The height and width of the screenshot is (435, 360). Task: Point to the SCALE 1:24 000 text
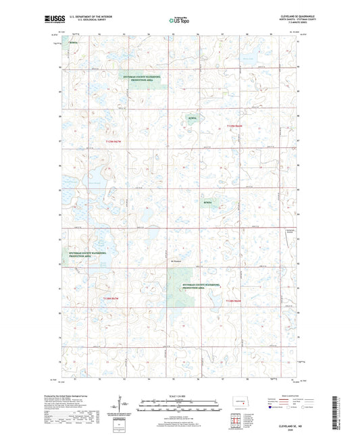click(178, 396)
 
